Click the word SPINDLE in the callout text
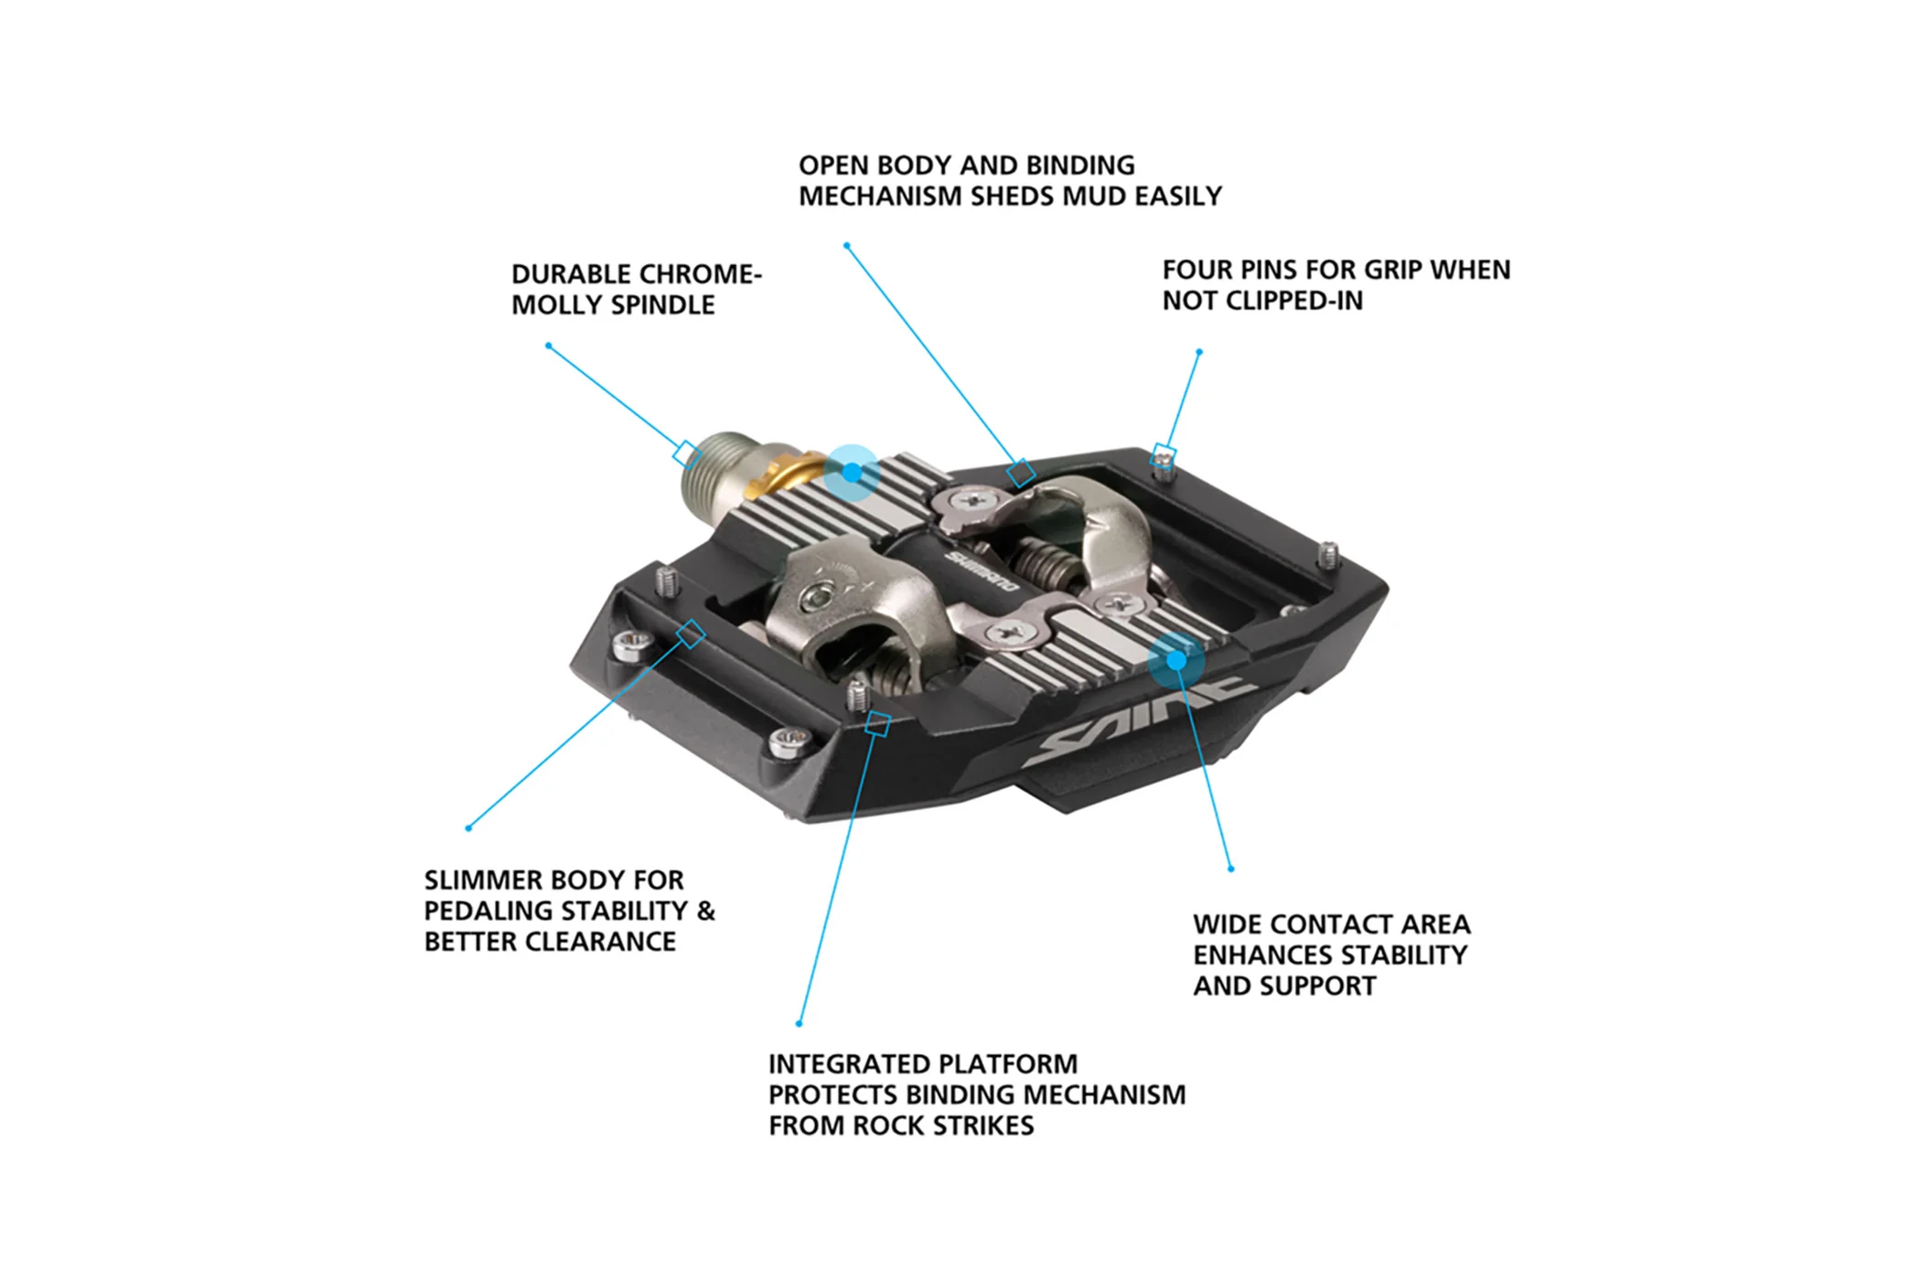tap(663, 305)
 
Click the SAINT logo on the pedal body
tap(1139, 721)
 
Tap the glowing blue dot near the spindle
tap(852, 473)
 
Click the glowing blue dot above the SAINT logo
tap(1177, 660)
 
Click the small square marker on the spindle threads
tap(687, 453)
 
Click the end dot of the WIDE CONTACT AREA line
tap(1231, 869)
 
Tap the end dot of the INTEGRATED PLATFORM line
tap(800, 1024)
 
